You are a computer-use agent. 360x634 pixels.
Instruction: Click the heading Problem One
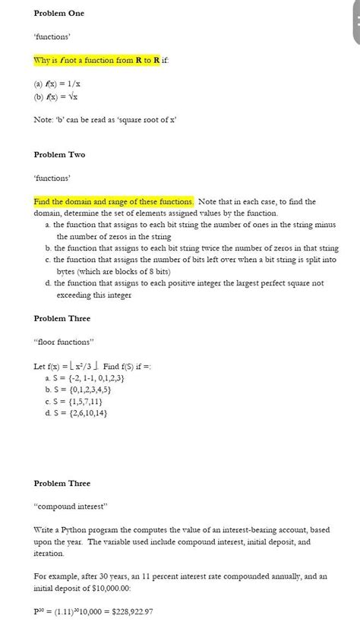point(59,14)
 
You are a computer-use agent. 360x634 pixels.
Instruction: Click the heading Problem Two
point(59,155)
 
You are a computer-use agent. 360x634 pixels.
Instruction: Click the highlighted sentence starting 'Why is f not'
point(96,60)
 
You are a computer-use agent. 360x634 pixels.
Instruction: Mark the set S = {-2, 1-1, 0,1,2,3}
point(89,377)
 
